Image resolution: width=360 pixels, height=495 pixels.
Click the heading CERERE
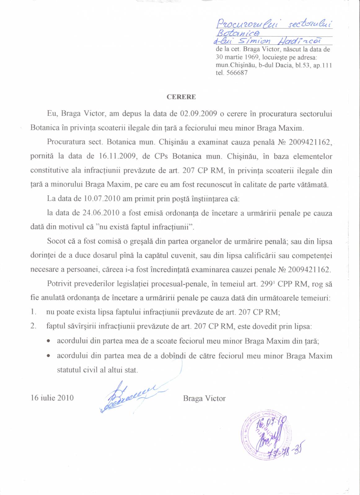181,97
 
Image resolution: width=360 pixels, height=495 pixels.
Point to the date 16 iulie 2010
52,398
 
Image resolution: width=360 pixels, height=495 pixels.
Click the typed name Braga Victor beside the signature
204,398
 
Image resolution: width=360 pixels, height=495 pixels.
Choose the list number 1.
33,312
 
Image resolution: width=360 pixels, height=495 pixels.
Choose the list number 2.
33,326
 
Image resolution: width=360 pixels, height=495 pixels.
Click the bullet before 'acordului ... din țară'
49,341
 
